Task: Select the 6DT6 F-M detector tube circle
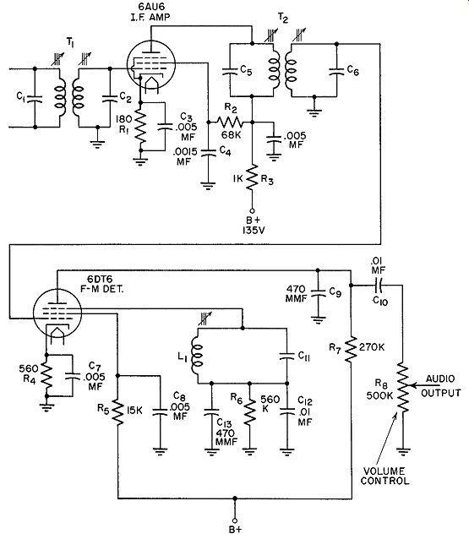point(57,313)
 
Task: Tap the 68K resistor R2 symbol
point(230,122)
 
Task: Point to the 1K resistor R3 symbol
point(252,177)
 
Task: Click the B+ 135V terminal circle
point(252,210)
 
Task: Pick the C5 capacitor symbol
point(230,71)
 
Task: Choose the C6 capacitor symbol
point(336,71)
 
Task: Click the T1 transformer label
point(70,42)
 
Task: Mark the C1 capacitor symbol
point(35,98)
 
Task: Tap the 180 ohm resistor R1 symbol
point(140,126)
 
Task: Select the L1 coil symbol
point(198,356)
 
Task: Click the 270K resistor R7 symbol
point(351,349)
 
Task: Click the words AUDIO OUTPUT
point(440,386)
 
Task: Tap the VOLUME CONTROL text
point(384,476)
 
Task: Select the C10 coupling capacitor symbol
point(380,285)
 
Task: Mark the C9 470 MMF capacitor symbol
point(318,294)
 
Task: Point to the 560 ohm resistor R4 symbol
point(46,375)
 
